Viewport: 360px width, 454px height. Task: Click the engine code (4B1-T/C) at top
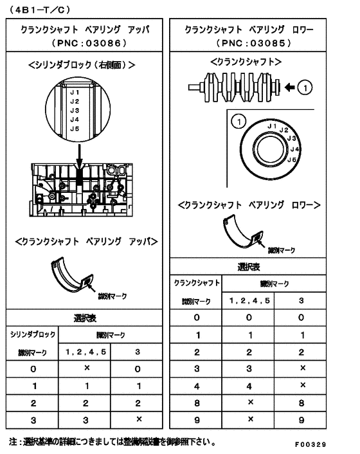point(40,9)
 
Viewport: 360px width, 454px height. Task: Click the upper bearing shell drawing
point(73,275)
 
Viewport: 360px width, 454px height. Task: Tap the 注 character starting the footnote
point(14,442)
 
